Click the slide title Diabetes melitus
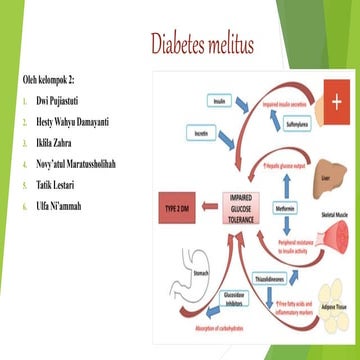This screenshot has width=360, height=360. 202,45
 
